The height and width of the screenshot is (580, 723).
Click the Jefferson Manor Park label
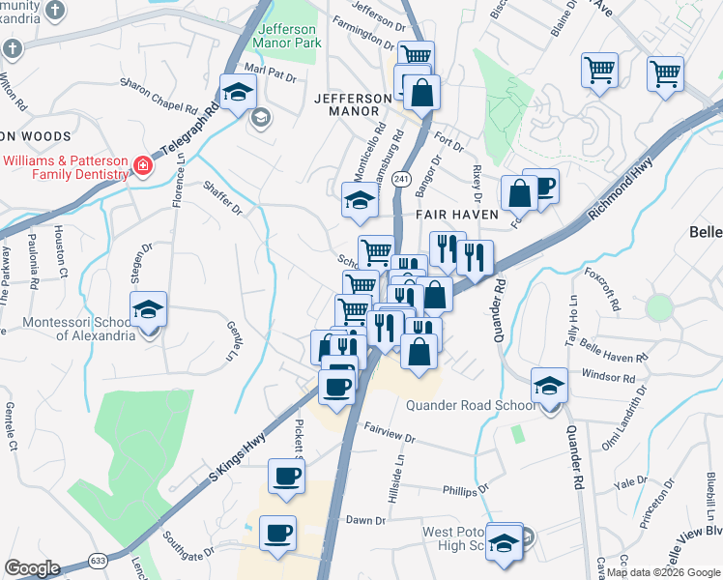click(286, 36)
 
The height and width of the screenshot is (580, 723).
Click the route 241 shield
click(402, 180)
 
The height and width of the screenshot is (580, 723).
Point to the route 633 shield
click(99, 559)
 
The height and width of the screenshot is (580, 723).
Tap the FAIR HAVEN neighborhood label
click(456, 214)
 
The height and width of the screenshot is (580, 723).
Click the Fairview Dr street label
click(389, 431)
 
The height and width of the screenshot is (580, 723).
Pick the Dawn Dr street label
click(365, 520)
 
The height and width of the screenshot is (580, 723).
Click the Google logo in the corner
click(32, 568)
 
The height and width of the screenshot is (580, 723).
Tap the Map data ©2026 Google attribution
click(662, 572)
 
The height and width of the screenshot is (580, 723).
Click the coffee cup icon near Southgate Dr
click(277, 534)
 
